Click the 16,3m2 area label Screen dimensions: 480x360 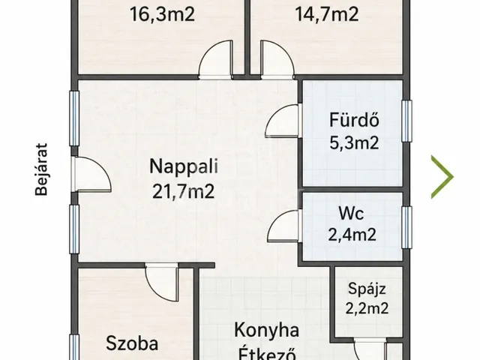(162, 14)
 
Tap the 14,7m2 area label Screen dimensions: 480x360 (327, 14)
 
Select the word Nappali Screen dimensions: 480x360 (184, 166)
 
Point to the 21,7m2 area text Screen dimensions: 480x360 (183, 192)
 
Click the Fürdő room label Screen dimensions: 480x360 (354, 120)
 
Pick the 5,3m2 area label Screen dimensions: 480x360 (354, 142)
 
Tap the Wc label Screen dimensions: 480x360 (352, 213)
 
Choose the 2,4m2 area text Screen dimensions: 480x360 (352, 235)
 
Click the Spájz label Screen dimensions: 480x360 (367, 289)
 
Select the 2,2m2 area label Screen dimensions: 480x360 (367, 308)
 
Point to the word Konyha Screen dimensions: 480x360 (267, 331)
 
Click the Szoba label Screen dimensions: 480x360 (132, 343)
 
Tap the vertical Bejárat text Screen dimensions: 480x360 (41, 169)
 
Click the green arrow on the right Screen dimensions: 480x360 (442, 177)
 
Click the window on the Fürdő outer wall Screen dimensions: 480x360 (406, 121)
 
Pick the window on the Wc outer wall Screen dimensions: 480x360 (406, 227)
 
